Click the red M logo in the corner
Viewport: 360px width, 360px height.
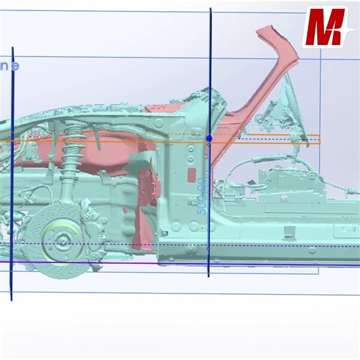pos(325,27)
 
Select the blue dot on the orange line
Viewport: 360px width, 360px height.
pos(209,138)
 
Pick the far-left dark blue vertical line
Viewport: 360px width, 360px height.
pos(12,173)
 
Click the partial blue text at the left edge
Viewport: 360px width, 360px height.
pos(9,66)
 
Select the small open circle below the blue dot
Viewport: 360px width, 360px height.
pos(209,145)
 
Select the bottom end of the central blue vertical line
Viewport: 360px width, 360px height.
pos(209,276)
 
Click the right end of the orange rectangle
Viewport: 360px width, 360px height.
pos(320,139)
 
